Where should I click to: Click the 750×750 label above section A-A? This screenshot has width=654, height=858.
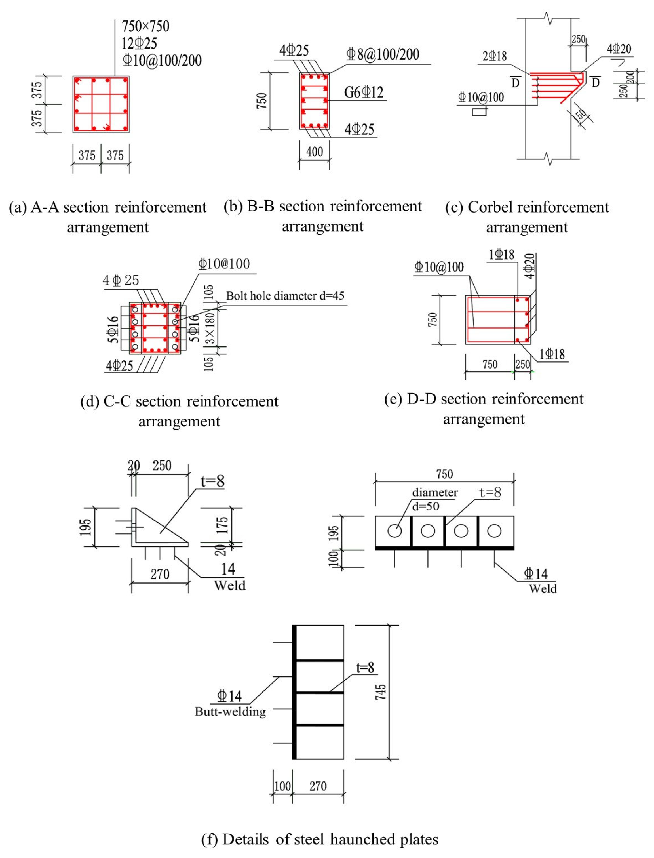[x=145, y=26]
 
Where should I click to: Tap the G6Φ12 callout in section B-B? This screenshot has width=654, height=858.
[x=364, y=93]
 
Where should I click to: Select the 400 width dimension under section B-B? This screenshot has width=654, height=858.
[x=315, y=152]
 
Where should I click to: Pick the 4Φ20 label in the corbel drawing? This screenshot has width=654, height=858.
[x=619, y=49]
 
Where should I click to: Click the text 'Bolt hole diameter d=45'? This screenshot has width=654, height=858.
[x=285, y=296]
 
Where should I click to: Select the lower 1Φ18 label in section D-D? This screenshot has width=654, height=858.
[x=552, y=354]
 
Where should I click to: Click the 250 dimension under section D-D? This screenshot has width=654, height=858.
[x=522, y=365]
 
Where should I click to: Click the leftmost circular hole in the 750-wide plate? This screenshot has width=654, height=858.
[x=394, y=531]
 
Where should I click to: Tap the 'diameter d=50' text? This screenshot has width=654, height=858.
[x=433, y=499]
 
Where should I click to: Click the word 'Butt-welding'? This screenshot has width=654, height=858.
[x=230, y=712]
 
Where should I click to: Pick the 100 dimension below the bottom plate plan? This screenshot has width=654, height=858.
[x=282, y=786]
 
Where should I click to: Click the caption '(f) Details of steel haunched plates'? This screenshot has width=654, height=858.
[x=320, y=839]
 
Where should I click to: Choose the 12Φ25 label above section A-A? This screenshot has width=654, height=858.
[x=139, y=43]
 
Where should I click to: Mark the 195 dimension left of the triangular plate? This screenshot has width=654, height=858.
[x=87, y=527]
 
